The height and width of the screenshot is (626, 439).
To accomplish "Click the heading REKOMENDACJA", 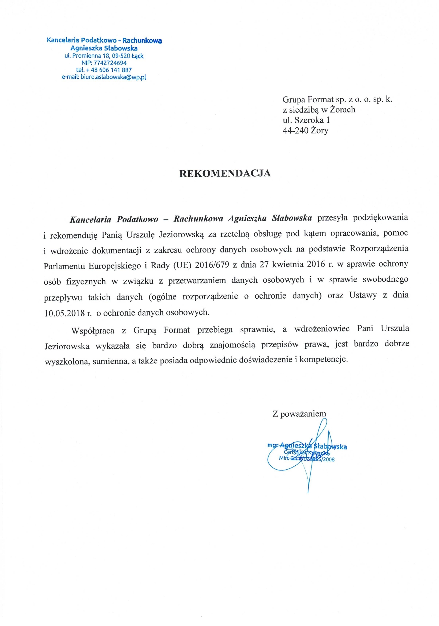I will [x=225, y=174].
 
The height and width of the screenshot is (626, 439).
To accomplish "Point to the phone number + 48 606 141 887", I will [x=108, y=70].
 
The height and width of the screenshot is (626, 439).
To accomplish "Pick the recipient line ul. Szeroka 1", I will [x=306, y=120].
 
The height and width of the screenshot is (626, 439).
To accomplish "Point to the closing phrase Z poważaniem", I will [x=299, y=413].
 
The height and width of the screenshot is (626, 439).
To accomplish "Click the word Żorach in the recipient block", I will [x=343, y=110].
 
